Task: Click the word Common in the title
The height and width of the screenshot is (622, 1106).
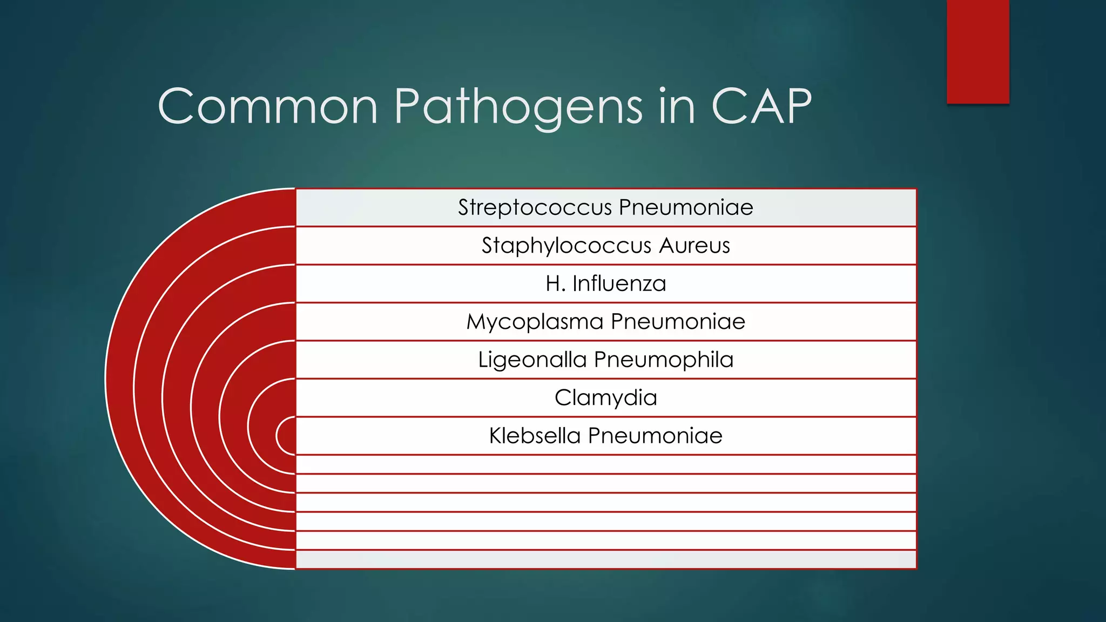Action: [267, 106]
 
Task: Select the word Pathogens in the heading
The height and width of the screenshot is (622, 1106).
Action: [518, 106]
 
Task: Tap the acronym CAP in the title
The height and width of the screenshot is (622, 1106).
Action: [761, 106]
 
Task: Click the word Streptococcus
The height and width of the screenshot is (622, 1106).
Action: [535, 207]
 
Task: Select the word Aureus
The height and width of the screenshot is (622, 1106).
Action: [694, 246]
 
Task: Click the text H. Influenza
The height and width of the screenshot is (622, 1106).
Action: [606, 283]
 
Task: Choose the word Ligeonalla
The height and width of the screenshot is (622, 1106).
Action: [532, 360]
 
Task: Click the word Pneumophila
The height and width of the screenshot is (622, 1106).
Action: [664, 360]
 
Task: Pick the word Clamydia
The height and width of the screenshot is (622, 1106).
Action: [606, 398]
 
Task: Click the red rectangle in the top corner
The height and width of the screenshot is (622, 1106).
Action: [977, 51]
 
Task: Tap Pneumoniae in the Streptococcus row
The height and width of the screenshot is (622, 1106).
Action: [686, 207]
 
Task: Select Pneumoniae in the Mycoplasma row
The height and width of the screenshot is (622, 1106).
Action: [678, 322]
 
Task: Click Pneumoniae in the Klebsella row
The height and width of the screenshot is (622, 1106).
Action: [655, 436]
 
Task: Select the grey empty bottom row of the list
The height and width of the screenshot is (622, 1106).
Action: [606, 559]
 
